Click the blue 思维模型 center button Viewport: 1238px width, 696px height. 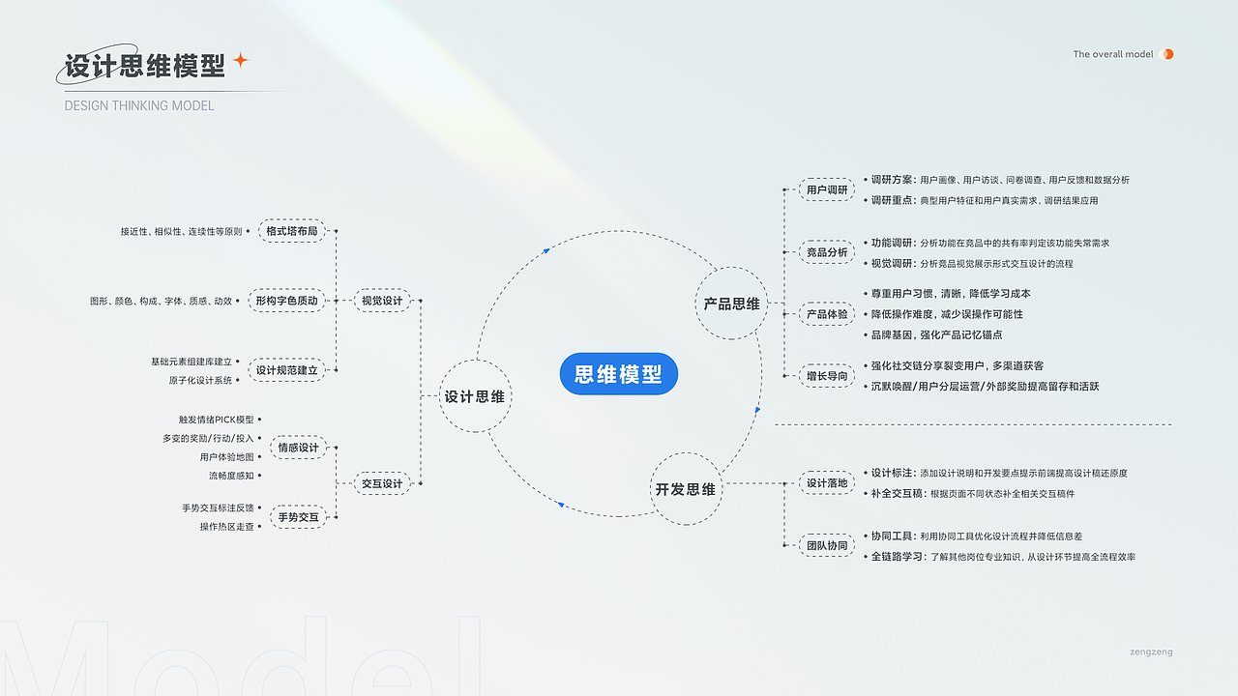tap(618, 374)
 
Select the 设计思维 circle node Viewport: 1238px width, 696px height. tap(474, 396)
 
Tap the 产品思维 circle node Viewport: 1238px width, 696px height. tap(732, 304)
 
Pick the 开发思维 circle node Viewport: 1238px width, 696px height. tap(686, 489)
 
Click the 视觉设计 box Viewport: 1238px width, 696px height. tap(382, 301)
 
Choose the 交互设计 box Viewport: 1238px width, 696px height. tap(382, 483)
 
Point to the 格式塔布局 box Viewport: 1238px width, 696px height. tap(292, 231)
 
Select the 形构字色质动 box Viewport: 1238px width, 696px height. tap(286, 301)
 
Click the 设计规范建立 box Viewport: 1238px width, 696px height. tap(286, 370)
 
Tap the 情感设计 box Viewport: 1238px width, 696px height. tap(298, 448)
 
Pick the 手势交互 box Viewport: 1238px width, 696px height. tap(298, 517)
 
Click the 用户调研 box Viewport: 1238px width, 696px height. tap(827, 190)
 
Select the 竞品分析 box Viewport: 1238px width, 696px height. tap(827, 252)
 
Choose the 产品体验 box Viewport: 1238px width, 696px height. tap(827, 314)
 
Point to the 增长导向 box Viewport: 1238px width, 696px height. tap(827, 376)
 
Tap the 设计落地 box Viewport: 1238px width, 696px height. tap(827, 482)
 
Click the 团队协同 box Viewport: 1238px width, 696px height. tap(827, 545)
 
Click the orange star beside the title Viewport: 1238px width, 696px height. tap(241, 60)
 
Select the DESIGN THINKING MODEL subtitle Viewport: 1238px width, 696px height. tap(139, 105)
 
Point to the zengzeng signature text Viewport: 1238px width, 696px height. tap(1151, 652)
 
